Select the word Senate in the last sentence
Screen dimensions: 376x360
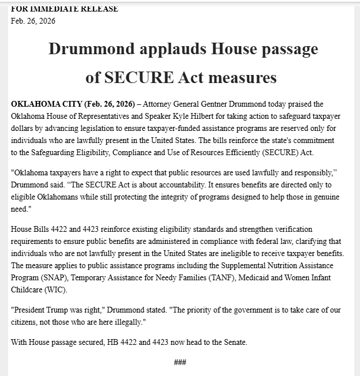click(234, 342)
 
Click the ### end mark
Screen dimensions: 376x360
click(180, 362)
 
